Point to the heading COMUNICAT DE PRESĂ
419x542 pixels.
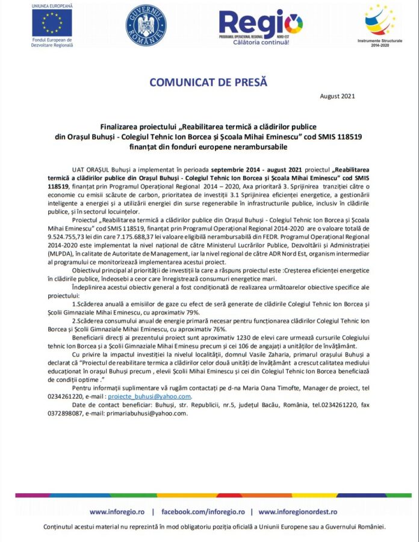(x=208, y=82)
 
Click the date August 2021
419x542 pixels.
(x=337, y=96)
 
